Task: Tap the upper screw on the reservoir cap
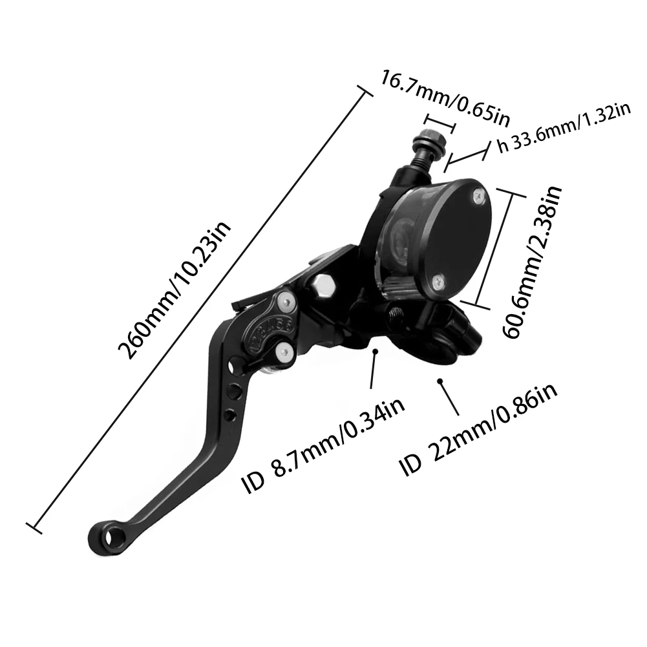pyautogui.click(x=477, y=193)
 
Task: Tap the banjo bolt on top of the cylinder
pyautogui.click(x=429, y=142)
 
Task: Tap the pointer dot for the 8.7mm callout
pyautogui.click(x=376, y=352)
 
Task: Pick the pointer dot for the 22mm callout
pyautogui.click(x=441, y=381)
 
